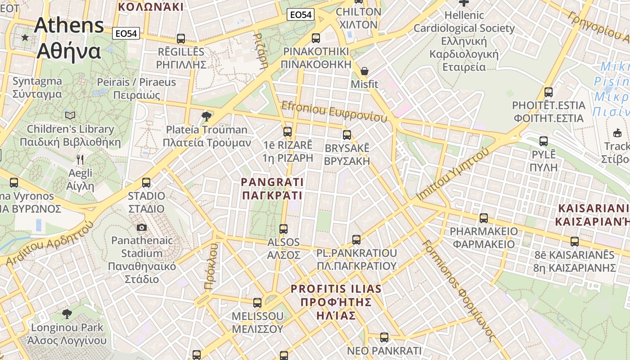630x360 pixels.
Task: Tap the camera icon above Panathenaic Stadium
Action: pos(142,228)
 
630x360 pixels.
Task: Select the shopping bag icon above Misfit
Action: pos(364,72)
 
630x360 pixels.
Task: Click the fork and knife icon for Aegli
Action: pos(80,160)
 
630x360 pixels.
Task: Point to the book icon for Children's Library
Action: pos(70,116)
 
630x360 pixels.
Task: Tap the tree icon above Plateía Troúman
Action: pos(207,117)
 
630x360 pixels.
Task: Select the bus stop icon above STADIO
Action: pos(146,183)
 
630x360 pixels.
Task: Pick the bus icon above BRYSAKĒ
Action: pos(346,135)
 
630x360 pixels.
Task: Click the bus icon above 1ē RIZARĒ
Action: pos(287,132)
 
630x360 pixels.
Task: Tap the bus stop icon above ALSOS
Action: pos(283,229)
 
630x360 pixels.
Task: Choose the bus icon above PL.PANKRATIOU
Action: pos(356,240)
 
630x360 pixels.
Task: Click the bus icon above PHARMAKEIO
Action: pos(484,218)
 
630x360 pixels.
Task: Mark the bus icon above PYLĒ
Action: pos(544,141)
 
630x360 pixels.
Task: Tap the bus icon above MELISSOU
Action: pos(257,303)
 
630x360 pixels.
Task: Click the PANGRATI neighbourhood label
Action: pos(272,189)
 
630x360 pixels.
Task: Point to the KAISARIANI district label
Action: pos(592,215)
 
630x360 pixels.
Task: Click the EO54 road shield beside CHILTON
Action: pos(301,15)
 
